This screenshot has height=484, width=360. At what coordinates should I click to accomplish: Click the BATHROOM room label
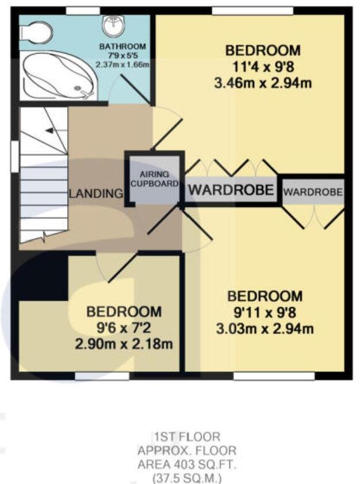click(x=122, y=47)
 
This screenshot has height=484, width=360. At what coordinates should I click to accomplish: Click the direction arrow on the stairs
click(x=51, y=131)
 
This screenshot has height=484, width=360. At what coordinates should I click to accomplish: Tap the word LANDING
click(x=96, y=194)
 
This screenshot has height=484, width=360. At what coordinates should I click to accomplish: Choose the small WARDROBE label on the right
click(x=313, y=191)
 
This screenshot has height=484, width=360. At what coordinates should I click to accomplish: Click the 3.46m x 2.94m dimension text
click(x=262, y=83)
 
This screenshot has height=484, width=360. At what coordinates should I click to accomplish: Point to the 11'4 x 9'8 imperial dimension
click(x=263, y=67)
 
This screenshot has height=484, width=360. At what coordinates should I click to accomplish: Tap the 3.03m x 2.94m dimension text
click(x=265, y=329)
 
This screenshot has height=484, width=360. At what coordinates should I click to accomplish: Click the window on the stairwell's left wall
click(x=15, y=155)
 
